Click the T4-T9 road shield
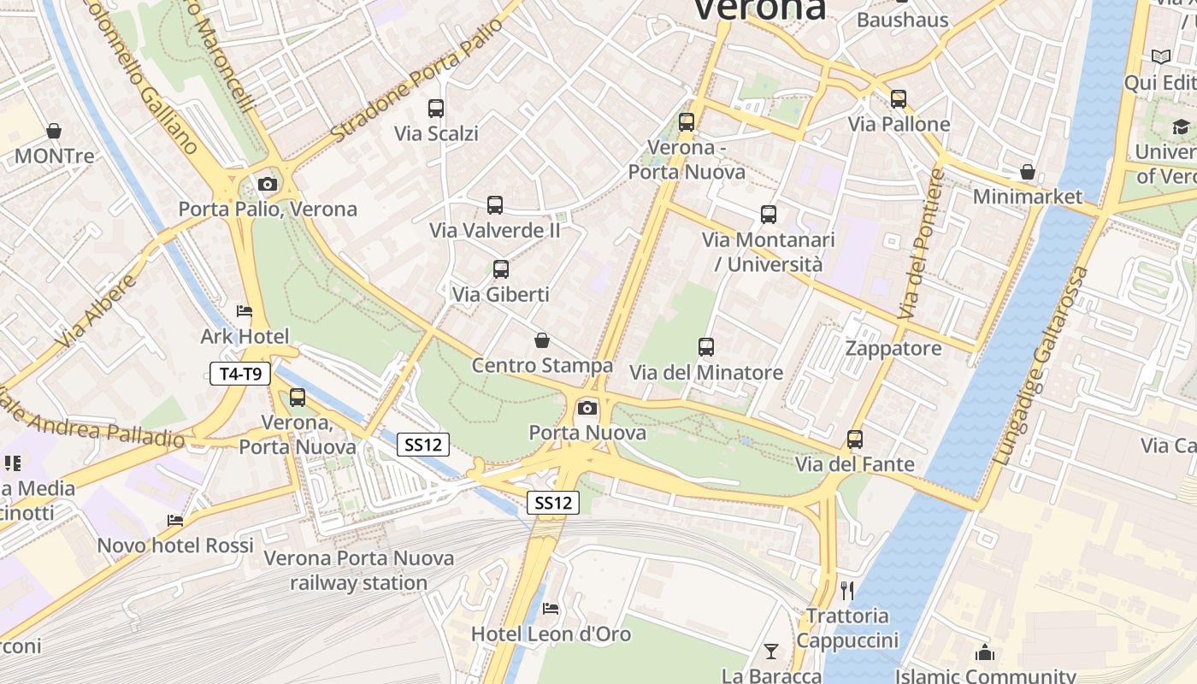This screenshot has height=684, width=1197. pos(240,373)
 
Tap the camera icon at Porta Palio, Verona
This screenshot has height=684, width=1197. pos(268,184)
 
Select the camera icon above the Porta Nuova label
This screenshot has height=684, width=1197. pos(587,408)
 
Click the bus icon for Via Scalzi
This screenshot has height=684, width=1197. pos(436,109)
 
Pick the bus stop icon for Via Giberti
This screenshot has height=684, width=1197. pos(501,269)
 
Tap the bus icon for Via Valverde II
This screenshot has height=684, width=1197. pos(495,205)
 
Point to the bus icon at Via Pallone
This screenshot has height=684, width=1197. pos(898,99)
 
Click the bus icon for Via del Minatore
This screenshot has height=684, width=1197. pos(706,347)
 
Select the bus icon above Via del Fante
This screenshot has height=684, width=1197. pos(855,439)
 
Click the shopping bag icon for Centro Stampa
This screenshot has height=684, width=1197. pos(542,340)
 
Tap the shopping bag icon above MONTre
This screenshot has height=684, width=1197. pos(54,131)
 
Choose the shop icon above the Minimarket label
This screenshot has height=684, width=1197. pos(1028,172)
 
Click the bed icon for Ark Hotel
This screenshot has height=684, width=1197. pos(245,310)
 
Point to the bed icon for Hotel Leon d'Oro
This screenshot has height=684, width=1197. pos(551,609)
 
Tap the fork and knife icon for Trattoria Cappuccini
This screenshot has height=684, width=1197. pos(847,590)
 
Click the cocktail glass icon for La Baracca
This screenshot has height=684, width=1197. pos(771,652)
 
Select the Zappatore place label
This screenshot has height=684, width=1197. pos(893,348)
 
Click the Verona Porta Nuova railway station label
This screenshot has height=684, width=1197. pos(358,570)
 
